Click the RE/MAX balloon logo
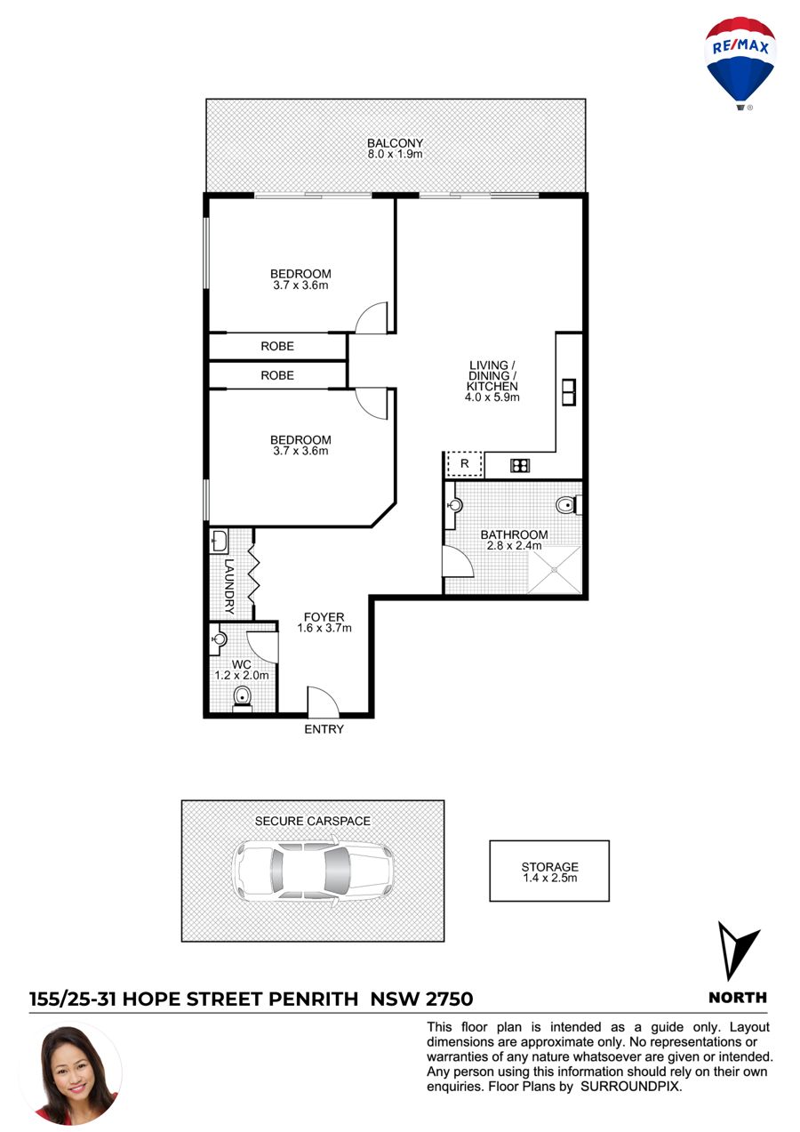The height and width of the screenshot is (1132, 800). (x=740, y=64)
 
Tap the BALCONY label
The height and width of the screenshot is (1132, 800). (x=395, y=143)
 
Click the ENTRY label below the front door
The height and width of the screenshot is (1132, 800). (x=324, y=728)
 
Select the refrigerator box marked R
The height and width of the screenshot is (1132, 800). (x=465, y=464)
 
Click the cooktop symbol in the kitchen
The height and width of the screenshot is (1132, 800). (x=520, y=465)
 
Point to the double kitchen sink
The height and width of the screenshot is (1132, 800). (x=569, y=392)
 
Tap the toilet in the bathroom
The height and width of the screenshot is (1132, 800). (x=569, y=504)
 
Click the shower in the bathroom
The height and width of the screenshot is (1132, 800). (x=555, y=569)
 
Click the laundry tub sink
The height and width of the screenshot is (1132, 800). (x=220, y=542)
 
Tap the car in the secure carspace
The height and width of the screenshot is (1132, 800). (x=313, y=871)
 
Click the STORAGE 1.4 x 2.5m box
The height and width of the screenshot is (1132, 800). (x=549, y=871)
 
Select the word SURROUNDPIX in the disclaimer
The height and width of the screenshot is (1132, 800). (x=630, y=1087)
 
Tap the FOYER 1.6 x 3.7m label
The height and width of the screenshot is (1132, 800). (x=324, y=622)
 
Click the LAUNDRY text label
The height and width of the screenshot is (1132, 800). (x=229, y=586)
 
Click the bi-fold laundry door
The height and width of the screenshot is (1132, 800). (x=253, y=574)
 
